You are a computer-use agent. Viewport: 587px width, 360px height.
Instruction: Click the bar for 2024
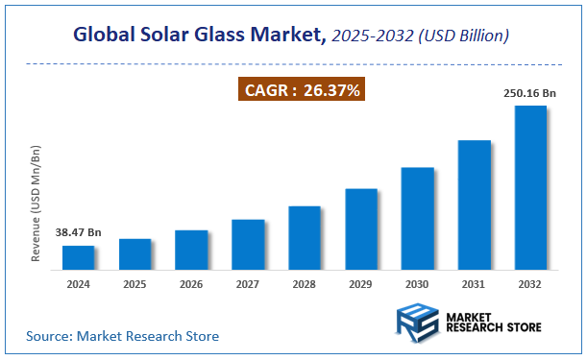pyautogui.click(x=79, y=257)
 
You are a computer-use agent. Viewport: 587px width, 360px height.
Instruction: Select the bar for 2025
pyautogui.click(x=135, y=253)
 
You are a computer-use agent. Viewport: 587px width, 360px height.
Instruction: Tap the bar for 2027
pyautogui.click(x=248, y=244)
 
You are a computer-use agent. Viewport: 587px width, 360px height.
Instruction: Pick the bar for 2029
pyautogui.click(x=361, y=228)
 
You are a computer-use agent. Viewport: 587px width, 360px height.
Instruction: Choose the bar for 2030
pyautogui.click(x=418, y=218)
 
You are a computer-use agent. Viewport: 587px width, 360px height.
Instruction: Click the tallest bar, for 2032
pyautogui.click(x=530, y=187)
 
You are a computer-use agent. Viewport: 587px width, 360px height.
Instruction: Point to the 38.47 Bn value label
pyautogui.click(x=79, y=233)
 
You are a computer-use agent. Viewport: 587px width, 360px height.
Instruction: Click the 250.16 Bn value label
pyautogui.click(x=529, y=94)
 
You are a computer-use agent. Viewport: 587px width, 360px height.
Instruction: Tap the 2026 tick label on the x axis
pyautogui.click(x=192, y=284)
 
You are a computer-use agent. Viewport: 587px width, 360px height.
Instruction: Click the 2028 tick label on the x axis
pyautogui.click(x=305, y=284)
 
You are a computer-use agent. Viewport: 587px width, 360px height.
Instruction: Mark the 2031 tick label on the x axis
pyautogui.click(x=474, y=284)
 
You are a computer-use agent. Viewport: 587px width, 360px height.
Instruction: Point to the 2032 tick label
pyautogui.click(x=530, y=284)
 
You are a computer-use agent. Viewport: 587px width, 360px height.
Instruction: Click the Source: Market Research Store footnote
pyautogui.click(x=122, y=336)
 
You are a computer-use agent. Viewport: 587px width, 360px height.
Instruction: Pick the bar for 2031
pyautogui.click(x=474, y=204)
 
